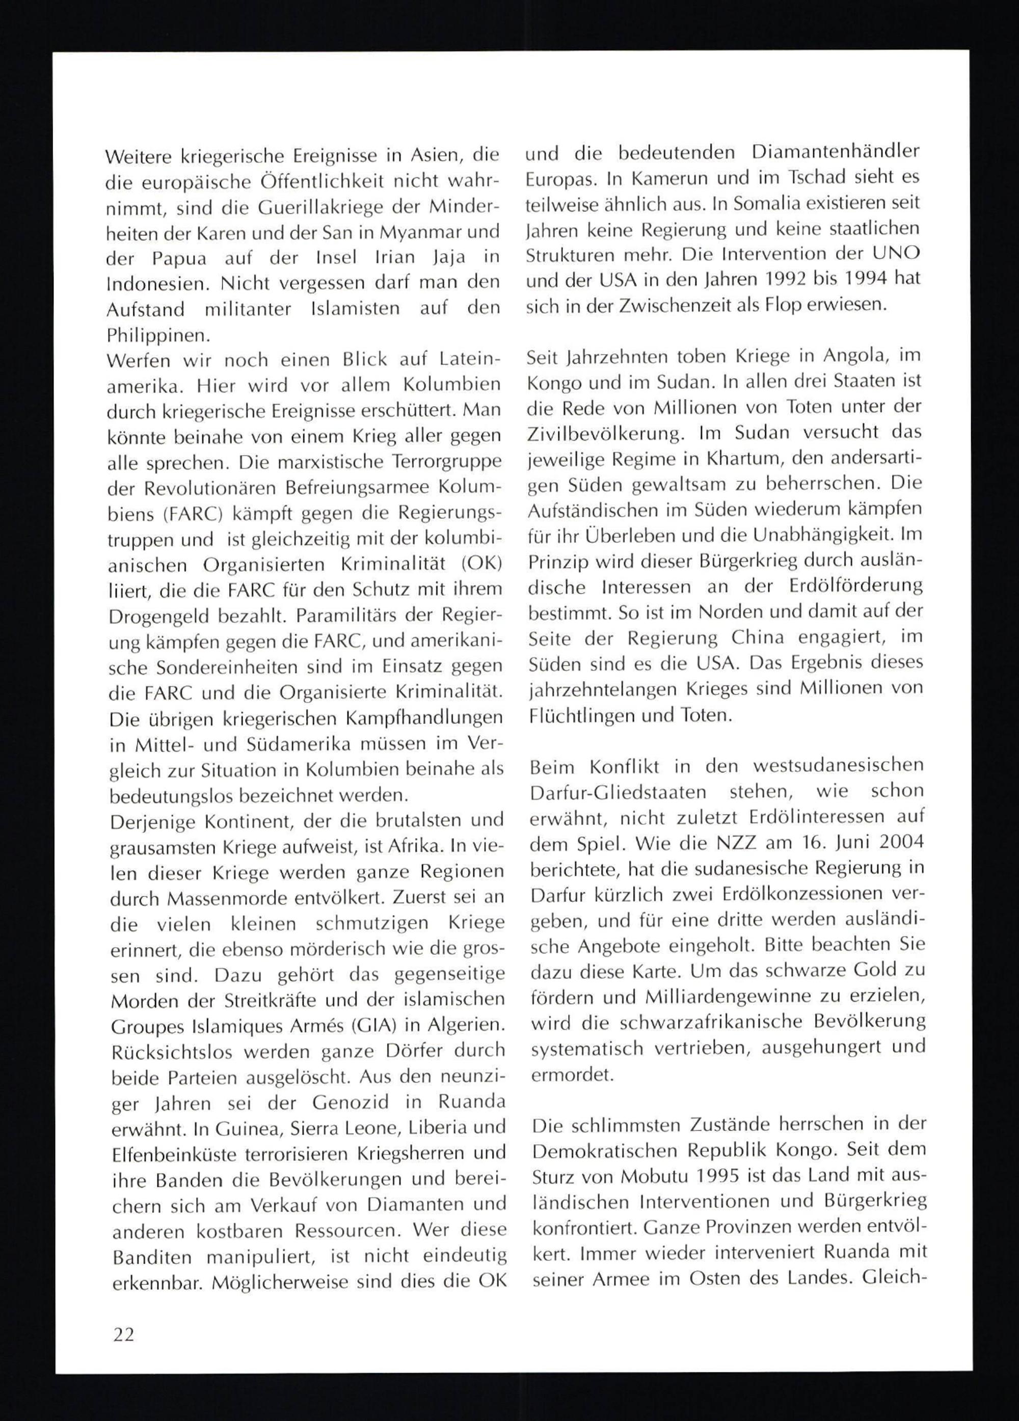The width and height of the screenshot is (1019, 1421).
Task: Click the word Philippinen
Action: (158, 336)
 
